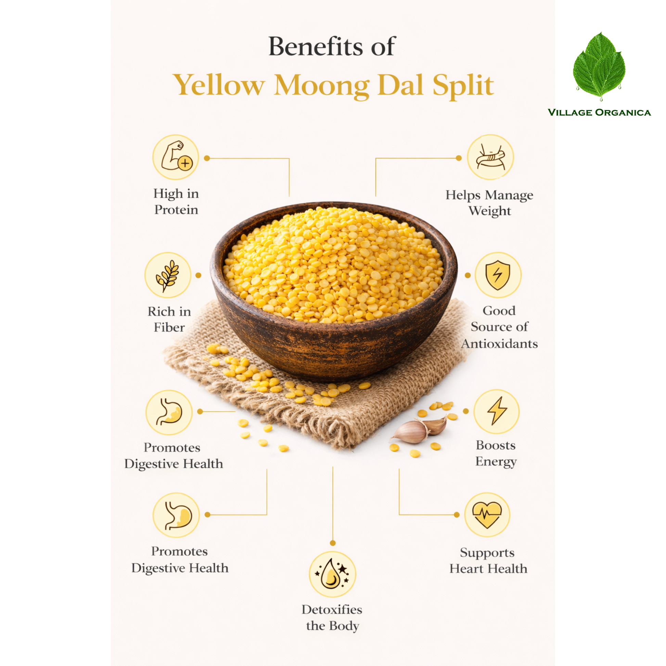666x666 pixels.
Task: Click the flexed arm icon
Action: pyautogui.click(x=176, y=157)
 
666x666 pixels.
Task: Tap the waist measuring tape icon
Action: pyautogui.click(x=490, y=157)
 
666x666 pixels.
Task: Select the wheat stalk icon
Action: pyautogui.click(x=168, y=275)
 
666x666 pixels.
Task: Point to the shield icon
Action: pyautogui.click(x=498, y=275)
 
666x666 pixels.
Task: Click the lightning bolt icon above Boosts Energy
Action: pyautogui.click(x=496, y=411)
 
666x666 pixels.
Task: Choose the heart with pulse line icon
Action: pyautogui.click(x=487, y=515)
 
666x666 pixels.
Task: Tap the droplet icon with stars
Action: pyautogui.click(x=332, y=574)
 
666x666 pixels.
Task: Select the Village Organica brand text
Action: pyautogui.click(x=599, y=112)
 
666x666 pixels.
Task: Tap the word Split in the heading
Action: pyautogui.click(x=463, y=85)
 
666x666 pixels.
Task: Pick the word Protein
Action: pyautogui.click(x=176, y=209)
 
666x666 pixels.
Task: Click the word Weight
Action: pyautogui.click(x=489, y=211)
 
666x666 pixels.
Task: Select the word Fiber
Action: pyautogui.click(x=169, y=327)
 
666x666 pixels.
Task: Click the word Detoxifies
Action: pyautogui.click(x=332, y=610)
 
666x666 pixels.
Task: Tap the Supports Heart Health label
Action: pyautogui.click(x=488, y=561)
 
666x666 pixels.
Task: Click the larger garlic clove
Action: pyautogui.click(x=410, y=432)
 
